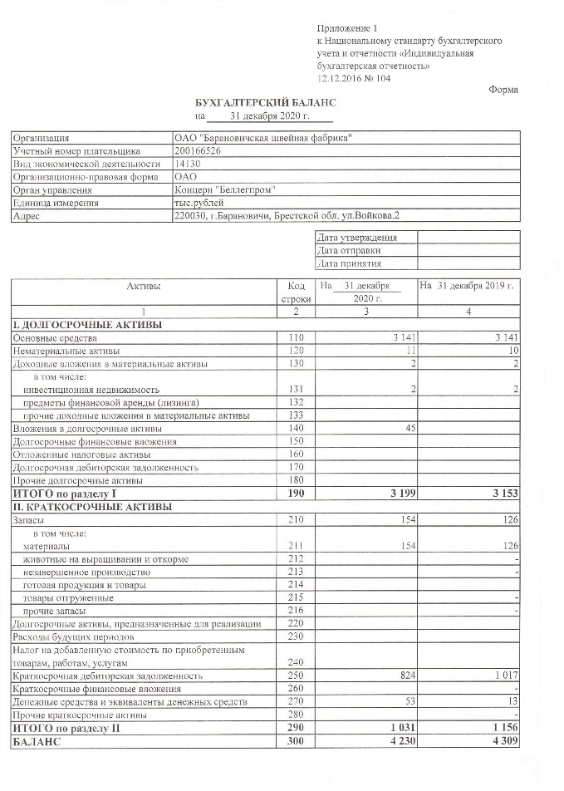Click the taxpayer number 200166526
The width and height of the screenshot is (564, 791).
point(198,151)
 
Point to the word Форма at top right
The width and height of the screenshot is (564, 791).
point(503,90)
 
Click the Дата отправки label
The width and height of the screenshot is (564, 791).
point(349,250)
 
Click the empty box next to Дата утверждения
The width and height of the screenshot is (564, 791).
point(468,238)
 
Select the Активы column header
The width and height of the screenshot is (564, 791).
point(144,286)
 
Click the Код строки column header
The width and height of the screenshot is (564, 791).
point(296,292)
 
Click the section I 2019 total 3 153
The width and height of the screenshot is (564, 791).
point(503,494)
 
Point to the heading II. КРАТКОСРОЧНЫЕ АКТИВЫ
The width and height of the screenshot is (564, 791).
point(91,507)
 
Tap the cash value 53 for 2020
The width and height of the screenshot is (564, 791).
point(406,703)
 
